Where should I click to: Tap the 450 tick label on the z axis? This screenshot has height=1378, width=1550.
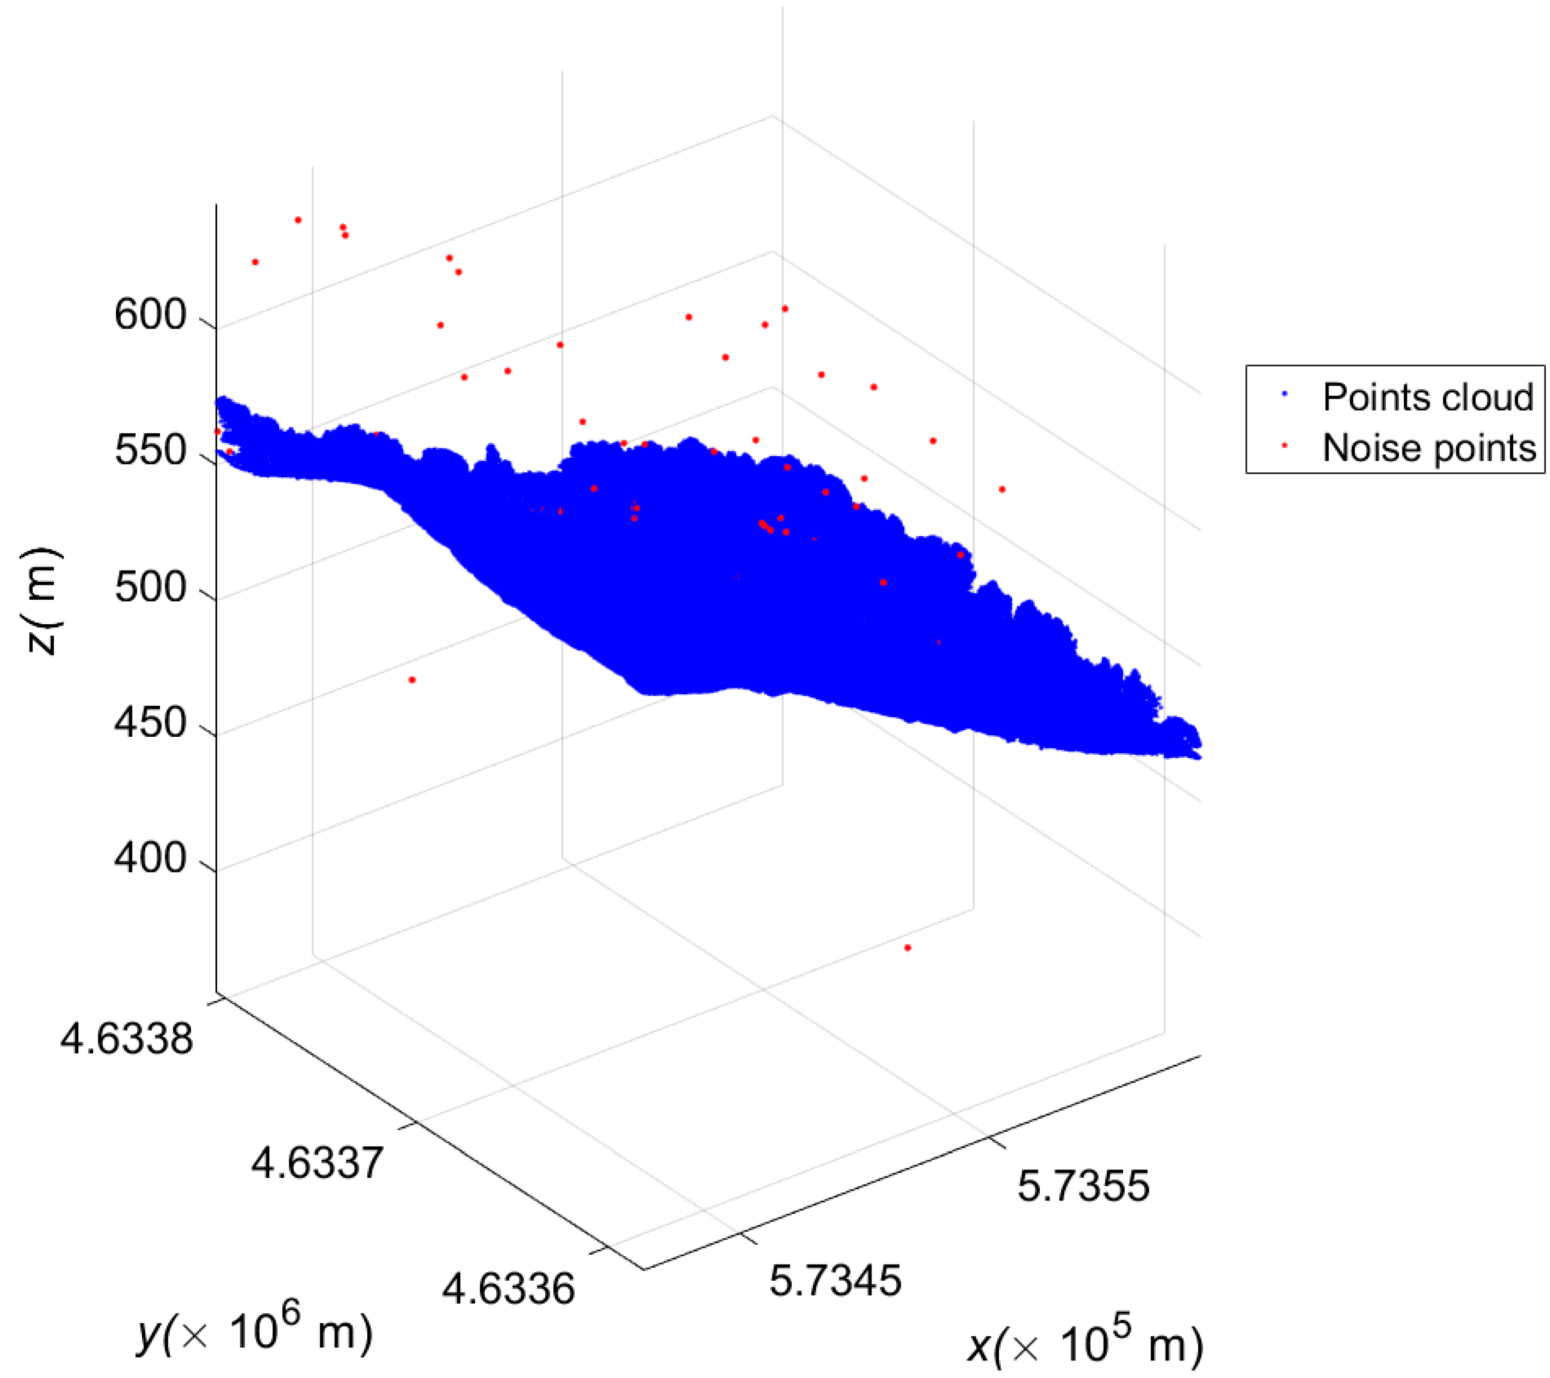coord(150,723)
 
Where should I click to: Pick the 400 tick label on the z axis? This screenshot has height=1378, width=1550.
coord(150,859)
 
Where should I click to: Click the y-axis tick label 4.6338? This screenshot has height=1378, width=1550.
coord(127,1038)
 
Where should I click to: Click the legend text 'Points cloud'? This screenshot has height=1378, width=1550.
coord(1428,397)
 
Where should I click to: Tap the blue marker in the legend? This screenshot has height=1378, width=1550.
coord(1285,394)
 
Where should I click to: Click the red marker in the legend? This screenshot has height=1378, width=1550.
coord(1285,446)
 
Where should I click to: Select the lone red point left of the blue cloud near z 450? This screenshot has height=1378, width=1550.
coord(412,680)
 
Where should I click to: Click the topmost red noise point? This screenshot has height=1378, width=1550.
coord(298,220)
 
